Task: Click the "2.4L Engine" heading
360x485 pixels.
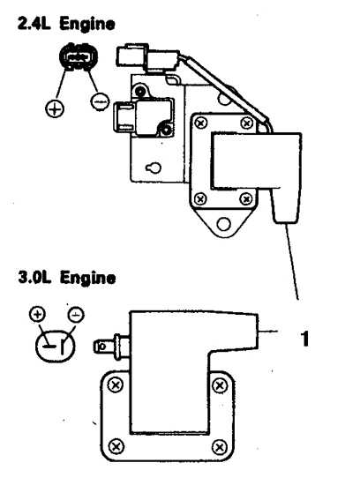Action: (x=66, y=24)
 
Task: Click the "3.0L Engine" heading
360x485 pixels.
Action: (x=67, y=278)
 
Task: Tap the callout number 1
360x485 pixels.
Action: (x=304, y=339)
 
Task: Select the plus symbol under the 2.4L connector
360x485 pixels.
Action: (x=55, y=108)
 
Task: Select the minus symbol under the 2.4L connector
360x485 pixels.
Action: (x=100, y=101)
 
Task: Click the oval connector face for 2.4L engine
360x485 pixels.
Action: (x=78, y=57)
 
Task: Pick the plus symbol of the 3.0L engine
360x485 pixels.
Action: (x=37, y=314)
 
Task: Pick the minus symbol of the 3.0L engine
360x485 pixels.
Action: (x=76, y=315)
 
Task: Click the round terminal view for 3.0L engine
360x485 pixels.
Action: (x=56, y=346)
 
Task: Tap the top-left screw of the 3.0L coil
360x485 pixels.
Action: (x=116, y=385)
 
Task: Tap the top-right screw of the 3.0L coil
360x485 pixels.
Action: (x=220, y=385)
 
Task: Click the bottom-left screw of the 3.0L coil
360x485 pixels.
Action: (x=116, y=446)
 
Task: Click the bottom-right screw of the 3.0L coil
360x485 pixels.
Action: (x=220, y=447)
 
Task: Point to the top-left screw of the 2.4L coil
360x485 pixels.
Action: (x=200, y=123)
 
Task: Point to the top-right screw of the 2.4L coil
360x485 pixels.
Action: (x=247, y=123)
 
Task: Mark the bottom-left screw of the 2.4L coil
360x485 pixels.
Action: (x=200, y=198)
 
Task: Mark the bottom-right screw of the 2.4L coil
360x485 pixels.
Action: (x=246, y=198)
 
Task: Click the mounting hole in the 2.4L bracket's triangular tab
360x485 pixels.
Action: (x=223, y=224)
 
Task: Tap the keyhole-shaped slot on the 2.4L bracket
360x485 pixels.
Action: (x=154, y=168)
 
